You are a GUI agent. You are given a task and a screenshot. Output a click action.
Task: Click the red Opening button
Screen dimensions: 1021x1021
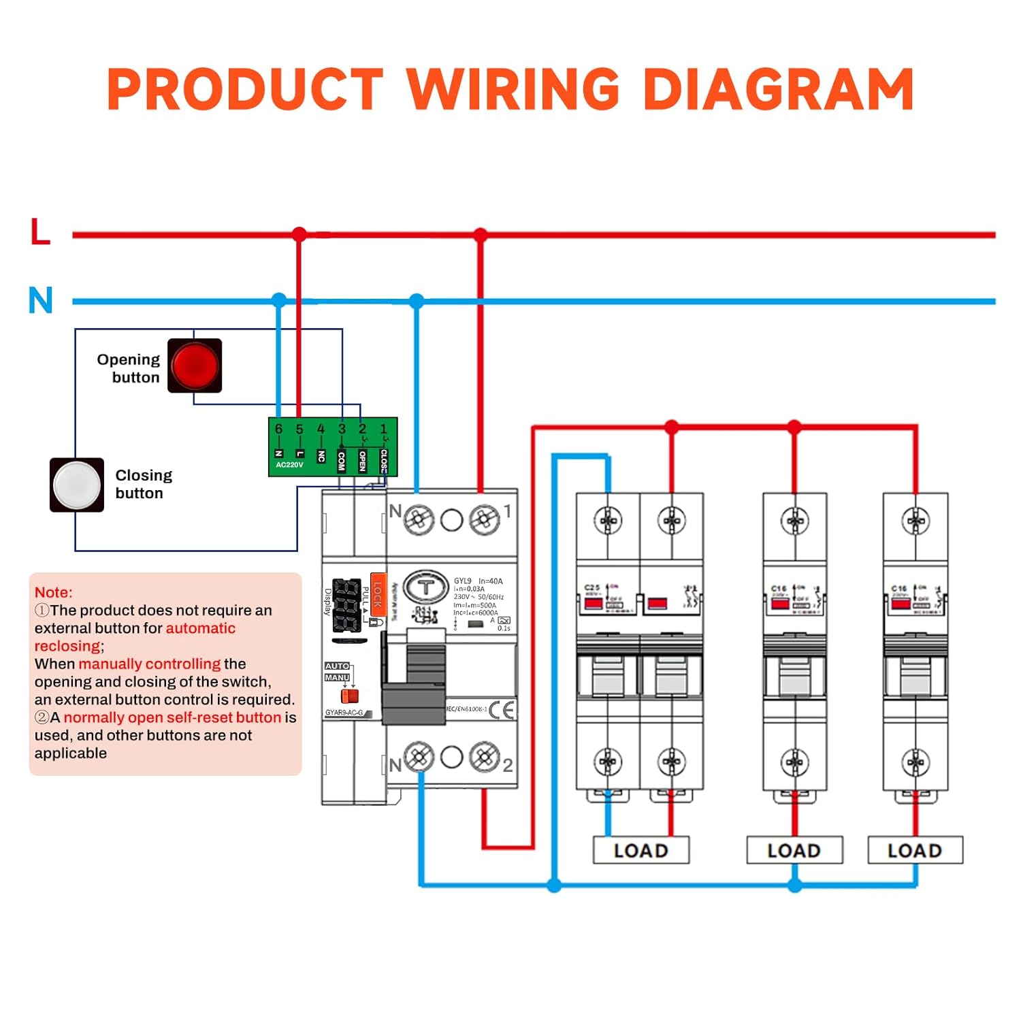[x=195, y=366]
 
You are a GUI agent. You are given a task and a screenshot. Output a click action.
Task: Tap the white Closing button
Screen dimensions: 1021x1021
[x=77, y=485]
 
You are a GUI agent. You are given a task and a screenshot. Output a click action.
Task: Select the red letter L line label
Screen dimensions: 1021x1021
[x=41, y=231]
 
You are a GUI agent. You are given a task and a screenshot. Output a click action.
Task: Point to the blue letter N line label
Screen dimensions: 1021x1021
[x=41, y=299]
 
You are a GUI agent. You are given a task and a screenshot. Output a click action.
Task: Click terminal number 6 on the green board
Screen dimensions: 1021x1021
[x=278, y=430]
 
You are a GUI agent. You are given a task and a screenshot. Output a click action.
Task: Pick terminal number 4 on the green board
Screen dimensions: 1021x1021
[x=321, y=430]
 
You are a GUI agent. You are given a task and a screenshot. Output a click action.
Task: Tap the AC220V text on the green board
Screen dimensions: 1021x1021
[x=289, y=465]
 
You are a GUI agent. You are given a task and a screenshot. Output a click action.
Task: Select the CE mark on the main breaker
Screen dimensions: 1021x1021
[x=502, y=710]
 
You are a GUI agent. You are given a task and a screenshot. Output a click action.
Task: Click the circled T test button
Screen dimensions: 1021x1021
[x=426, y=588]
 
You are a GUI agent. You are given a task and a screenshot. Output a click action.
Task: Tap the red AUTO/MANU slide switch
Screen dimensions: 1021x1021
[x=349, y=696]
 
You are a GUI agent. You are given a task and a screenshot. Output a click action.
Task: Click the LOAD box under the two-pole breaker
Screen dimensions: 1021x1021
[x=641, y=850]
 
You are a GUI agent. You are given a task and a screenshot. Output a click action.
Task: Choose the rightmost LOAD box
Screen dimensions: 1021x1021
[x=915, y=850]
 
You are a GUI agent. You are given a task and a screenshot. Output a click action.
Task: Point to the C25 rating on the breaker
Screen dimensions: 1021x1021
[x=592, y=587]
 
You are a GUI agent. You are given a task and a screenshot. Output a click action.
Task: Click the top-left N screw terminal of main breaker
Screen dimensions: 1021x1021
[x=419, y=521]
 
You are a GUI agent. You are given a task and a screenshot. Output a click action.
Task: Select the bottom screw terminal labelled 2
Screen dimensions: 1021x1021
[x=485, y=757]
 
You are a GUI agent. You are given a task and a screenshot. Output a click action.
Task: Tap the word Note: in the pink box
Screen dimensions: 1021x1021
[x=53, y=592]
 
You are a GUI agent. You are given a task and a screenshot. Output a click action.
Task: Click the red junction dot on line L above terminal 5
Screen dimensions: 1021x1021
[x=299, y=235]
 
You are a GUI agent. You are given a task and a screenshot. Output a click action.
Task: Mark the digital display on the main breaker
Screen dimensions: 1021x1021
[x=347, y=604]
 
